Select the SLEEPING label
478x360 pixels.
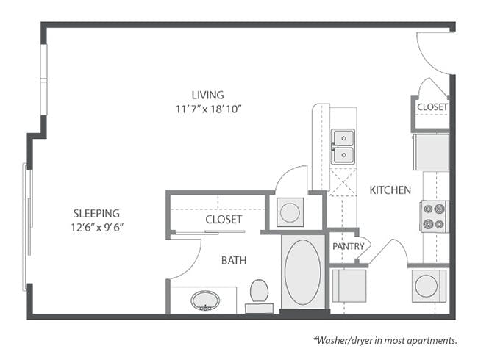click(x=91, y=213)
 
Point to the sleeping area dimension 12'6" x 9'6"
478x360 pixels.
click(x=92, y=227)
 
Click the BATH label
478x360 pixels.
click(x=234, y=260)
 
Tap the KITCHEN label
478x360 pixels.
click(x=390, y=190)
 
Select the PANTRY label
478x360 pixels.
click(x=348, y=246)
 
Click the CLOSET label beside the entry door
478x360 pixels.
click(x=432, y=107)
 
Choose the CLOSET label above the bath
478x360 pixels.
click(x=224, y=219)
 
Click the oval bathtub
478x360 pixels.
click(x=302, y=273)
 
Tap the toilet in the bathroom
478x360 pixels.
click(x=259, y=292)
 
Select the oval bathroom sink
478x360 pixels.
click(x=204, y=300)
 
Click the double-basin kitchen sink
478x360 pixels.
click(x=343, y=146)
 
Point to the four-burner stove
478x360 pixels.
click(x=433, y=216)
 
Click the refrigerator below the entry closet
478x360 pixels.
click(x=431, y=151)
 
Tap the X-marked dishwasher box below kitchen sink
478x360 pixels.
click(x=343, y=181)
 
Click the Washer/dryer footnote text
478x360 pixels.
click(x=387, y=340)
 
